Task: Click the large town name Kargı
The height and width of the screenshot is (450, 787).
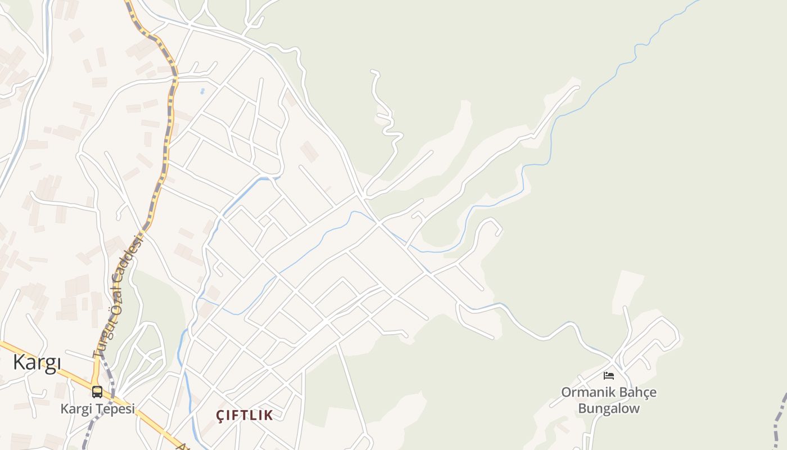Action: pos(37,363)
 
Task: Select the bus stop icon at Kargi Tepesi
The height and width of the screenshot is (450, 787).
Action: pos(97,391)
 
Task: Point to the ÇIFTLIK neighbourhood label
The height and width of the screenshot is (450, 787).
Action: pos(245,416)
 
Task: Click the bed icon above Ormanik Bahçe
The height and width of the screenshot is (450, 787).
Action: pos(609,375)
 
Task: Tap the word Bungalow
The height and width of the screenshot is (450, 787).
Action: pos(609,408)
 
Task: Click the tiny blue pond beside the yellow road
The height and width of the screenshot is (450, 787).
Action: pos(202,91)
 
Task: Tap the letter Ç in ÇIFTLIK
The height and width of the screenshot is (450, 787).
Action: pos(221,416)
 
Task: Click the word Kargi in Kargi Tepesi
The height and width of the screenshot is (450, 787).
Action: pos(75,409)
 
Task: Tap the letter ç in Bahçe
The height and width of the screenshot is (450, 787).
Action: pos(641,393)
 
